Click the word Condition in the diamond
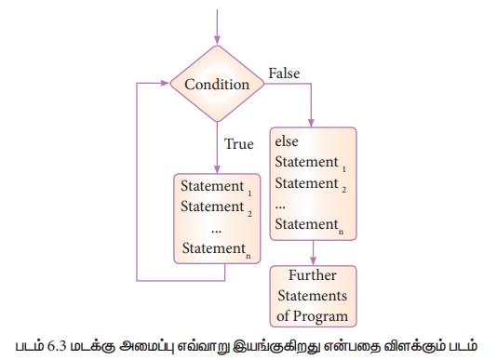coord(217,85)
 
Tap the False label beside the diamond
coord(284,73)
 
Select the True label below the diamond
coord(239,144)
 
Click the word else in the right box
coord(287,141)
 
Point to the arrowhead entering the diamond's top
coord(217,40)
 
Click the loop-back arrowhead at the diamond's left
coord(166,84)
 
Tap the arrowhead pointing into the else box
coord(311,123)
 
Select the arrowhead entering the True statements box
coord(217,169)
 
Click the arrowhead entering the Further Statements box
coord(313,260)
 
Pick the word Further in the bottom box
coord(313,275)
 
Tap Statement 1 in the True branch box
coord(216,187)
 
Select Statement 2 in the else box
coord(311,184)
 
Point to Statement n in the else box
coord(309,225)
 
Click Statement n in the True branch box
coord(217,249)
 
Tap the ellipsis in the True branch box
coord(216,231)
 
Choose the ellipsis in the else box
coord(280,207)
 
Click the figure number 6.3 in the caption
coord(57,346)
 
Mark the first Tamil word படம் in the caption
coord(30,345)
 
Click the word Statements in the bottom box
coord(313,296)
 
